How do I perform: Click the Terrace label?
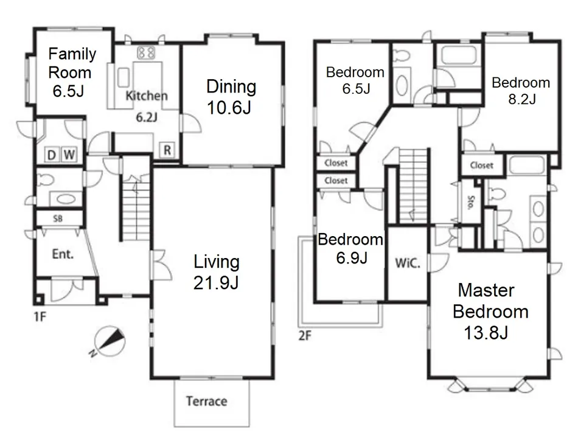coord(206,401)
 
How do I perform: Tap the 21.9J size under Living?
coord(216,283)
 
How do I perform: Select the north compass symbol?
coord(110,341)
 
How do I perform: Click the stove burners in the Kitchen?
coord(147,52)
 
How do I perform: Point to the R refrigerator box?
coord(167,150)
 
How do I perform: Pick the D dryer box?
coord(52,155)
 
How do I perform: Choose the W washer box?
coord(69,155)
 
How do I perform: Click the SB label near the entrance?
coord(58,218)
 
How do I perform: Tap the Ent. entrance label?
coord(63,254)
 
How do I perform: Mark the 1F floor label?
coord(40,316)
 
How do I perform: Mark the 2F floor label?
coord(305,336)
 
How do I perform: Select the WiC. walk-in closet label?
coord(408,263)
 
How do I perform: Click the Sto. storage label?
coord(471,203)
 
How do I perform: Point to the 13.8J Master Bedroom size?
coord(486,333)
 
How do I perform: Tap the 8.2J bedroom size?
coord(522,99)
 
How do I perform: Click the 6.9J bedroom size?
coord(352,257)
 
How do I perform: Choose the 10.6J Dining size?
coord(229,108)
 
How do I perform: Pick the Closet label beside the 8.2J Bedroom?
coord(482,166)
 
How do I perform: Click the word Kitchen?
coord(147,96)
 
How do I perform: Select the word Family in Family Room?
coord(72,55)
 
